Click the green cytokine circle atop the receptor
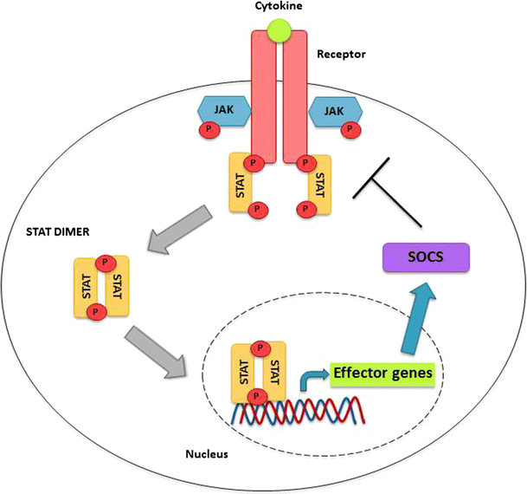coord(279,31)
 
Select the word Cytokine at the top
coord(279,8)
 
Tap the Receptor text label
coord(342,54)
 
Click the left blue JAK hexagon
coord(224,111)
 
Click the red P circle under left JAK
coord(208,129)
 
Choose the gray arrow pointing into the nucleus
coord(157,351)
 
